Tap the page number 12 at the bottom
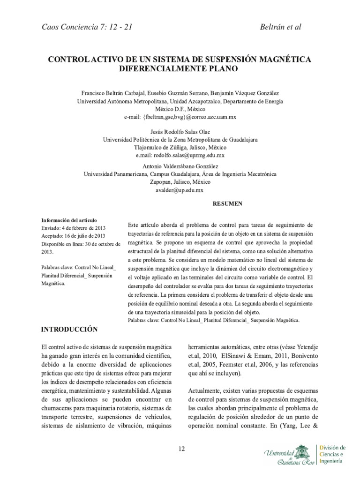pyautogui.click(x=181, y=449)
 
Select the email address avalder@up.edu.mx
pyautogui.click(x=180, y=190)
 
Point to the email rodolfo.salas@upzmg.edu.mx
pyautogui.click(x=180, y=155)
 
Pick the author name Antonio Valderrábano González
pyautogui.click(x=180, y=166)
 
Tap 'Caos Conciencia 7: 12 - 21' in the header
pyautogui.click(x=87, y=27)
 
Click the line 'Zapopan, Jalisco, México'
pyautogui.click(x=180, y=182)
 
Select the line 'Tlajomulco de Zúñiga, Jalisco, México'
pyautogui.click(x=180, y=147)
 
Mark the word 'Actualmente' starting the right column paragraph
pyautogui.click(x=206, y=390)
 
